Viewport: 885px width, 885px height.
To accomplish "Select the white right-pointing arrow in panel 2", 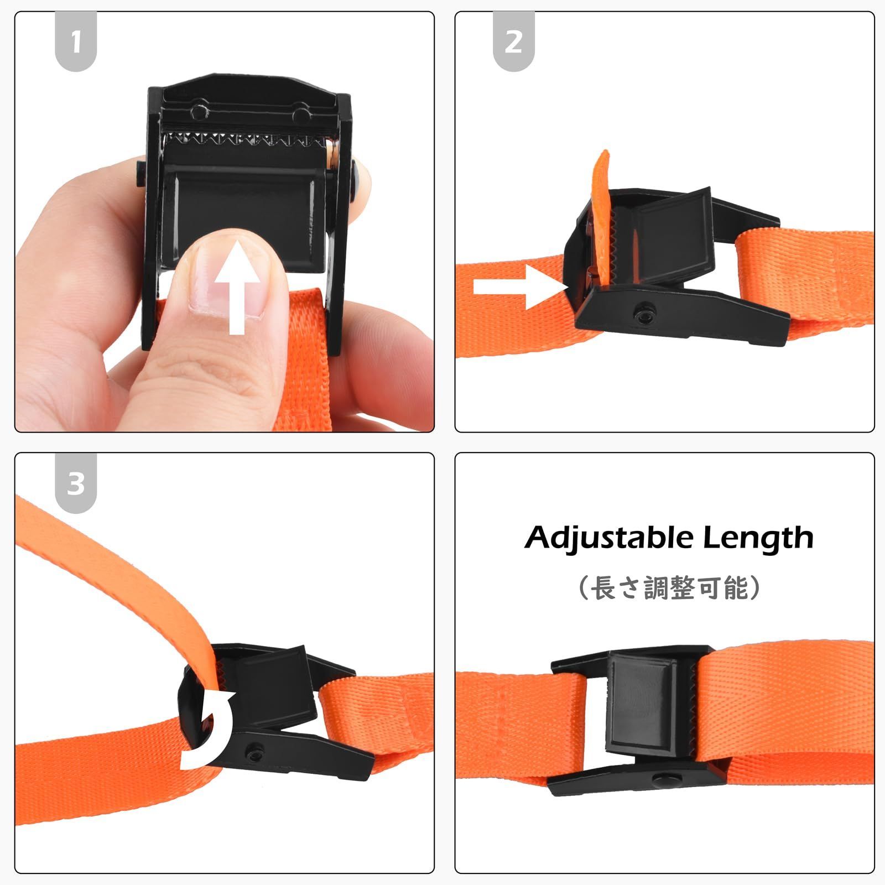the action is [520, 287].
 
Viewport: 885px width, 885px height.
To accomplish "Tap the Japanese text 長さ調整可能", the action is [670, 587].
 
